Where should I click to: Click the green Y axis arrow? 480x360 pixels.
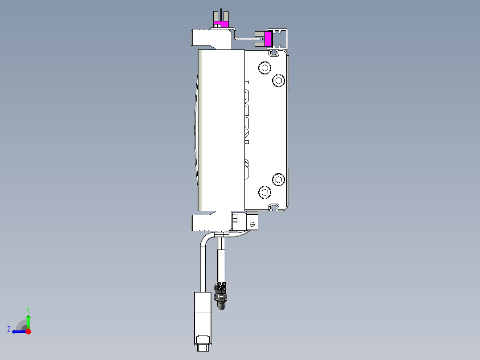(x=28, y=321)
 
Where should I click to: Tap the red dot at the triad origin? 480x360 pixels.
(x=28, y=331)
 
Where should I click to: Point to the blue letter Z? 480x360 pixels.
(x=8, y=329)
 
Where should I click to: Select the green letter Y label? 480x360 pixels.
(x=28, y=309)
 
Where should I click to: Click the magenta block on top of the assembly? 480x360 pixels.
(x=220, y=24)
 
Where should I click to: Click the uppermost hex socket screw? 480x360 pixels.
(x=265, y=68)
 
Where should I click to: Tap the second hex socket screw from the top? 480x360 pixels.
(x=279, y=80)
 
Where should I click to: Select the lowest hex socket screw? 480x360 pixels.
(x=265, y=192)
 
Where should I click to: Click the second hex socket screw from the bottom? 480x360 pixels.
(x=279, y=180)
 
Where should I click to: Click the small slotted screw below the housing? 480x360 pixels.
(x=252, y=224)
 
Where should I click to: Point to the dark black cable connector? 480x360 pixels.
(x=221, y=291)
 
